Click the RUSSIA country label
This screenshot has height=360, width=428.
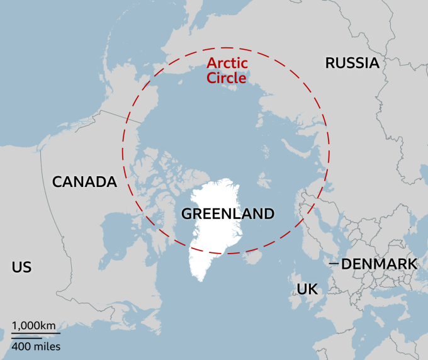tap(352, 63)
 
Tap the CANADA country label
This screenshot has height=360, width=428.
tap(84, 183)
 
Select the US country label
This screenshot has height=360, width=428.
tap(21, 267)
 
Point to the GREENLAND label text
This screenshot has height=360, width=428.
tap(228, 214)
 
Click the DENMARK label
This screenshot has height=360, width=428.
tap(379, 264)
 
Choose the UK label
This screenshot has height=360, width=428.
tap(307, 290)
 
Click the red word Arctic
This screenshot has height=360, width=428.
tap(227, 63)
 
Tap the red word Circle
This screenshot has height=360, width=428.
tap(227, 77)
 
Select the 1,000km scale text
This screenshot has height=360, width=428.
tap(33, 326)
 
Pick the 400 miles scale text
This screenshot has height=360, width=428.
tap(35, 346)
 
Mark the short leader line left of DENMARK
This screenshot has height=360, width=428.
tap(334, 264)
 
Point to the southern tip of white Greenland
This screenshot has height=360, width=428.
tap(200, 279)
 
